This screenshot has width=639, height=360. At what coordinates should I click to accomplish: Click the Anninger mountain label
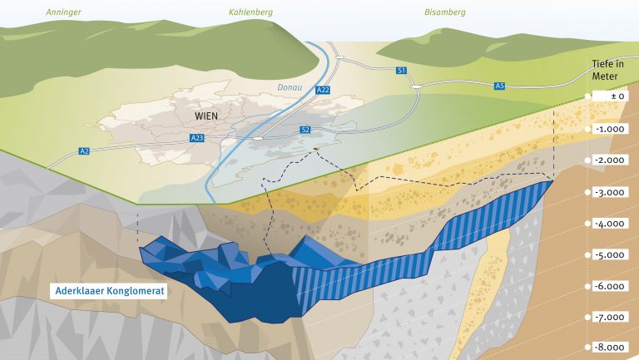[63, 12]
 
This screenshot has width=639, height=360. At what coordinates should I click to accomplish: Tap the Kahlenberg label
[250, 12]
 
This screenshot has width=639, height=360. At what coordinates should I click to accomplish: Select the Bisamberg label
[445, 12]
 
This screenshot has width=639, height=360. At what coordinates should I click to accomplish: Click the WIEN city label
[206, 116]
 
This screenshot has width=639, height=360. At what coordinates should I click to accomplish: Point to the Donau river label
[290, 87]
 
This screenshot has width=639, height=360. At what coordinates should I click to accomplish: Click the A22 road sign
[323, 90]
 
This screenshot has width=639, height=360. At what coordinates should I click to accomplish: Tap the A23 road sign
[197, 138]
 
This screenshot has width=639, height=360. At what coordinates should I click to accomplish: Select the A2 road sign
[84, 151]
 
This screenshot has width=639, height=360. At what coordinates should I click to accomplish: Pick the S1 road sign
[401, 71]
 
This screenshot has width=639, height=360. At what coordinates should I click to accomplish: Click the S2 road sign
[305, 130]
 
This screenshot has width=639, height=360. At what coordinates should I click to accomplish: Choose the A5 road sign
[499, 86]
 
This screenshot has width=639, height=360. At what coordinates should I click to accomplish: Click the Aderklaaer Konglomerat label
[109, 291]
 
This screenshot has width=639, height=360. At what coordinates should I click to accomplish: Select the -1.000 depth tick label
[610, 129]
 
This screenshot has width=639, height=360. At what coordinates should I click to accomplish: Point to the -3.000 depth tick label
[610, 192]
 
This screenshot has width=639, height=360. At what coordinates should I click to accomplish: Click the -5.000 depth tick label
[610, 255]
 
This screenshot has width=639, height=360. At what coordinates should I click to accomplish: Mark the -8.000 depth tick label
[610, 348]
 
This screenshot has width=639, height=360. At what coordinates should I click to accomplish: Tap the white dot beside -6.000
[587, 286]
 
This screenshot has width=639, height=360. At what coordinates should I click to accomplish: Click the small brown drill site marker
[315, 149]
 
